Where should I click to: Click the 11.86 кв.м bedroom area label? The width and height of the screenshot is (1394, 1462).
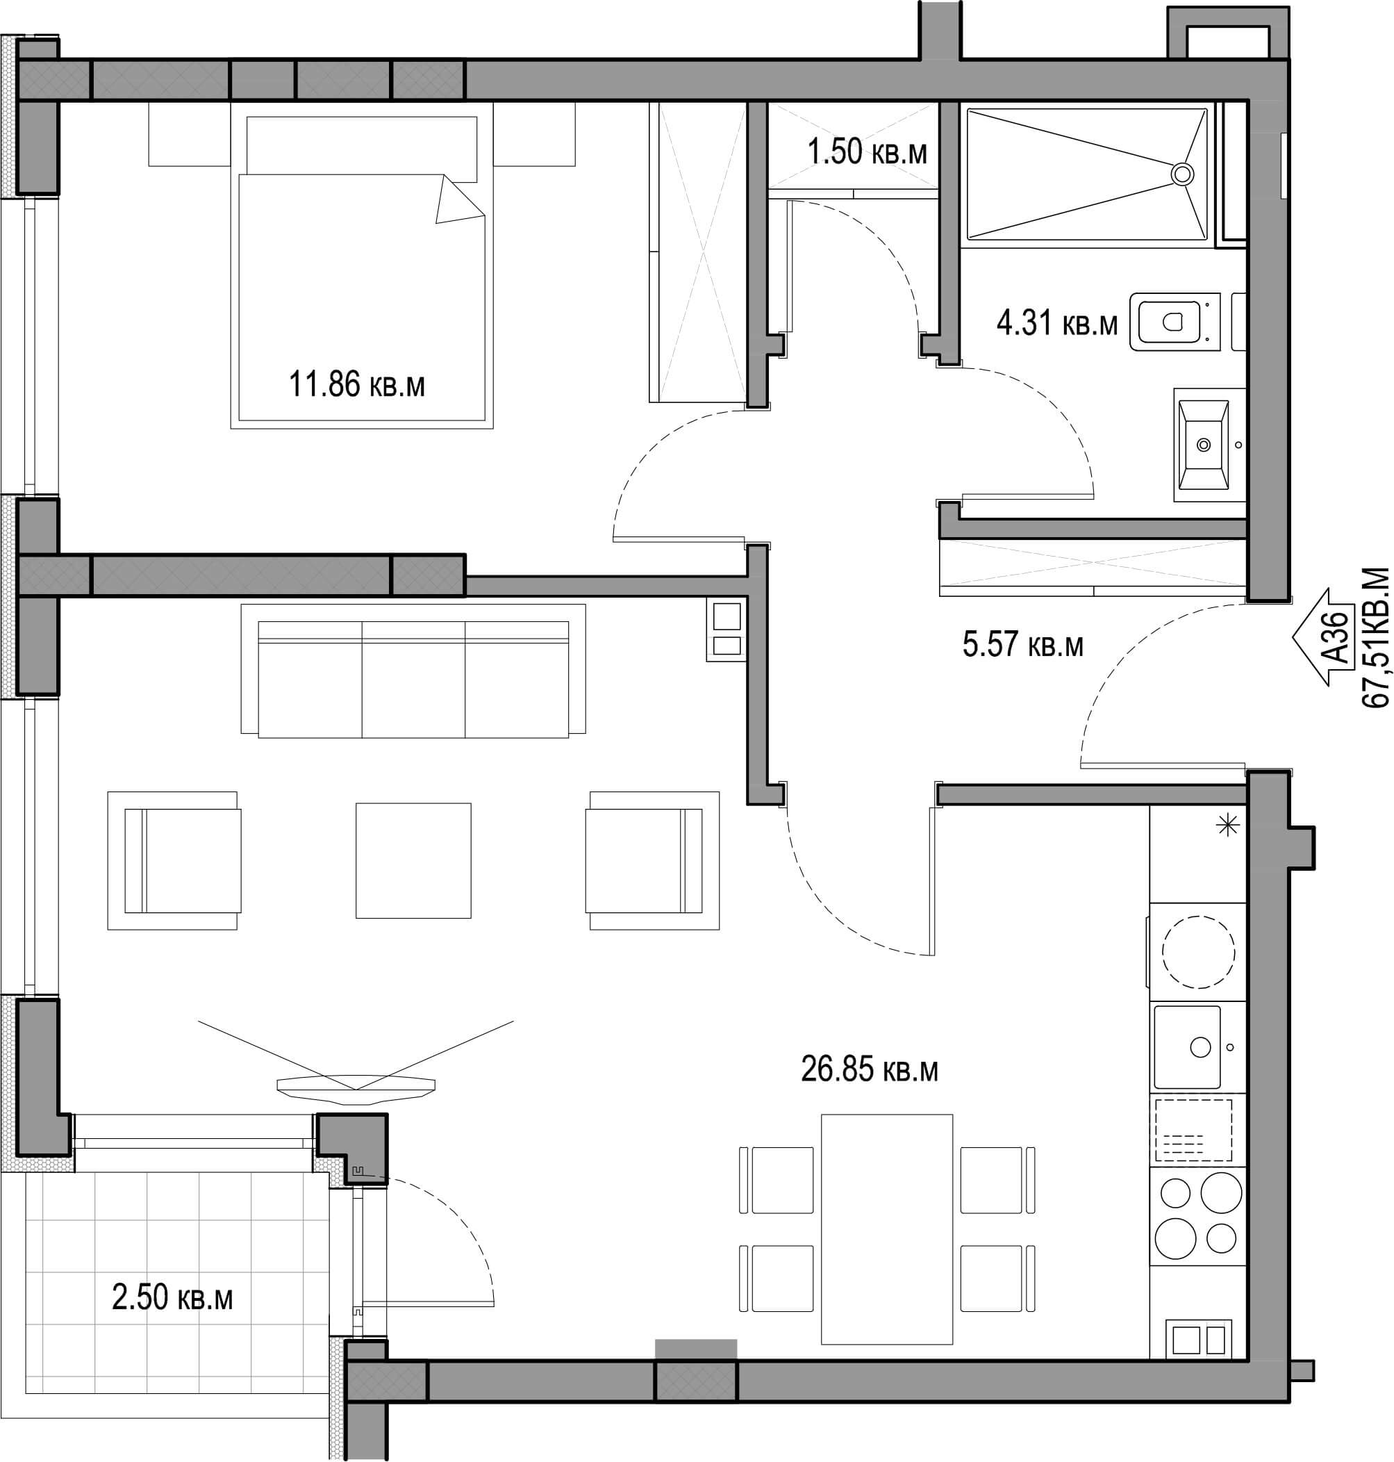(x=357, y=385)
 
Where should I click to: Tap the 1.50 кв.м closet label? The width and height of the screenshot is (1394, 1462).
(x=867, y=152)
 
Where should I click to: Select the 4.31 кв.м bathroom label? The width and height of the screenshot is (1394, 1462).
(x=1056, y=323)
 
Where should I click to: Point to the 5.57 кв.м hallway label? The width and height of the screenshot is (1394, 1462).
(x=1022, y=643)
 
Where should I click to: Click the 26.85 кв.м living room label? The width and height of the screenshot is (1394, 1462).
(x=870, y=1069)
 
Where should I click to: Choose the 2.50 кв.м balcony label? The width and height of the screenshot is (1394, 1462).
(x=172, y=1298)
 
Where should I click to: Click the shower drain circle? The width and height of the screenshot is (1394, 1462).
(x=1181, y=174)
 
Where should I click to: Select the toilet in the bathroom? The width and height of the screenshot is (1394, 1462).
(x=1175, y=322)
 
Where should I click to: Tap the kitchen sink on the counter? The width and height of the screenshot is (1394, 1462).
(x=1188, y=1046)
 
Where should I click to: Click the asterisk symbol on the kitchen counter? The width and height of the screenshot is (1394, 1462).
(x=1227, y=824)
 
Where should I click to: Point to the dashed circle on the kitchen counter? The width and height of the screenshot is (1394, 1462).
(x=1199, y=952)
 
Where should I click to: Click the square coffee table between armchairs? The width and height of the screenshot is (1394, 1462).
(x=413, y=860)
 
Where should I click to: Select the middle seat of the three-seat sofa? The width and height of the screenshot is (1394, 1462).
(x=413, y=679)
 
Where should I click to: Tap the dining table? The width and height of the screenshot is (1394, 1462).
(x=886, y=1229)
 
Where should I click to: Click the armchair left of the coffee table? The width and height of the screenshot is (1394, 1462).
(x=174, y=860)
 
